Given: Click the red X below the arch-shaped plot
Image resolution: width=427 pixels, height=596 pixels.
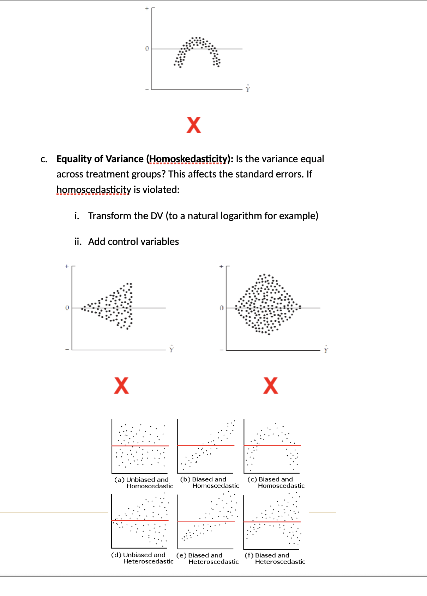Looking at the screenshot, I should (194, 125).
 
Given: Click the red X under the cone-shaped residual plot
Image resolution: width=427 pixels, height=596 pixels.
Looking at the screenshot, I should (121, 385).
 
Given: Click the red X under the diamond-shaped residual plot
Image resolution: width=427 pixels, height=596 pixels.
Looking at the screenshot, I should (271, 385).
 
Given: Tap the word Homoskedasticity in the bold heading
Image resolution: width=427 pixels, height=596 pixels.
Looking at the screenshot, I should (188, 159).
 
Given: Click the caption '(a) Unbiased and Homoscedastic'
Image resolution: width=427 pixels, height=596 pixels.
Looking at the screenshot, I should (144, 483).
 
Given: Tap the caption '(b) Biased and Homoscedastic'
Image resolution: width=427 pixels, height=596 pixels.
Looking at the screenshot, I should (210, 483).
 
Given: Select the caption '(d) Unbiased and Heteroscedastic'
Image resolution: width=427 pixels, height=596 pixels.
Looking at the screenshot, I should (143, 558).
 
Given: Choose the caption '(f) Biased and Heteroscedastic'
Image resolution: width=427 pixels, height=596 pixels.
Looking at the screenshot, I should (275, 559).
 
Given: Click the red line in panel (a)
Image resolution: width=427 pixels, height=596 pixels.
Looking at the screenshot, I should (140, 446).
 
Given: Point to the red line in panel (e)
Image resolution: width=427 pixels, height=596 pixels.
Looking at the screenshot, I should (206, 521).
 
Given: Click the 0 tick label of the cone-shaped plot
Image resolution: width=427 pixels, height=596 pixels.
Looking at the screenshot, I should (67, 308).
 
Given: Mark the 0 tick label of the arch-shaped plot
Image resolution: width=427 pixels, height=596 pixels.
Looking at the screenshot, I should (147, 48).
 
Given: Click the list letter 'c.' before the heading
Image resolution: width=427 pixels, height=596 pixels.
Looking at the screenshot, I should (44, 159).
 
